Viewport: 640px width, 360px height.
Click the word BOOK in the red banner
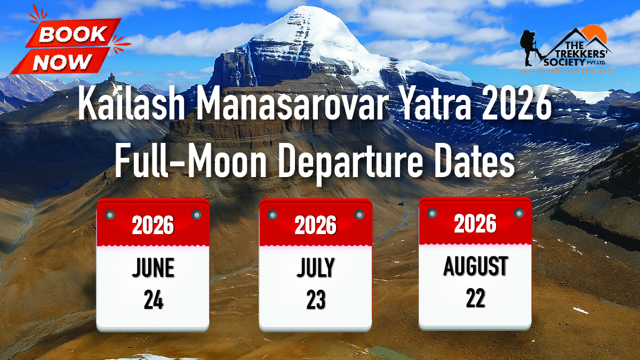(x=73, y=35)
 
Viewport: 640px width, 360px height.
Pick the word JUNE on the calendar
(x=153, y=268)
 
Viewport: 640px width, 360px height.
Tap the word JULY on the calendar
(x=315, y=268)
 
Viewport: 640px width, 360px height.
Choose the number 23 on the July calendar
(x=315, y=300)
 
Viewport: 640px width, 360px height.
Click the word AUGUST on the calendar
(x=475, y=266)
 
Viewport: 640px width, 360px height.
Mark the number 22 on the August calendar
(x=475, y=299)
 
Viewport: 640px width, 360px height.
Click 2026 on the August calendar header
(x=475, y=225)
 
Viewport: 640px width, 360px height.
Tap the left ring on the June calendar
(x=110, y=214)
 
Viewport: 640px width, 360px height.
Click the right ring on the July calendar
(x=359, y=214)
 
